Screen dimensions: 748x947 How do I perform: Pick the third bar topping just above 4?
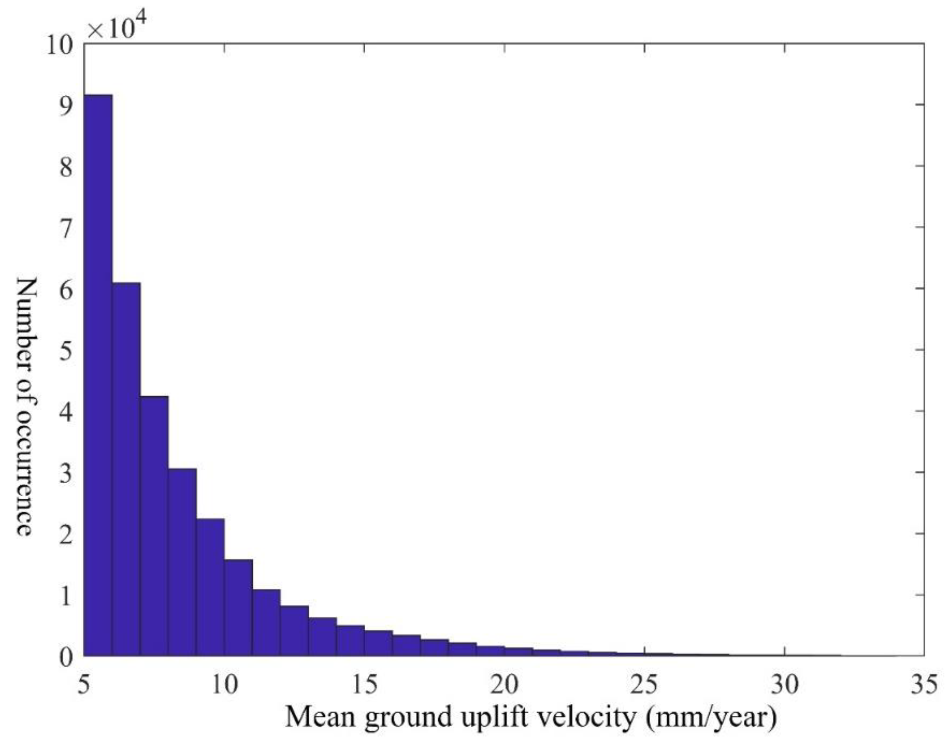tap(154, 525)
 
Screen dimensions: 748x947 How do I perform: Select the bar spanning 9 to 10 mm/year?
tap(210, 587)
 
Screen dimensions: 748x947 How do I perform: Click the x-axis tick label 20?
tap(504, 684)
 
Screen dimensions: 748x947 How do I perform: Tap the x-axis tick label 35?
tap(923, 684)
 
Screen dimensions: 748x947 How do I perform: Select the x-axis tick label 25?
tap(644, 684)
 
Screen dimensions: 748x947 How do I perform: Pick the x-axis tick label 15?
tap(364, 684)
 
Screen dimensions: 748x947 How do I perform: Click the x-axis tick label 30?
tap(784, 684)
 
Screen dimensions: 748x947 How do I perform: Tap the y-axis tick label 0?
tap(66, 657)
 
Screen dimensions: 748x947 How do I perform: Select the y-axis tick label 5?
tap(66, 350)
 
